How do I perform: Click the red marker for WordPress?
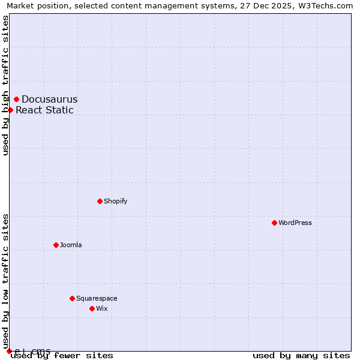point(274,223)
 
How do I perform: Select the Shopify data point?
point(100,201)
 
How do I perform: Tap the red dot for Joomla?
point(56,245)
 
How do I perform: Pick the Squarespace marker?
point(72,298)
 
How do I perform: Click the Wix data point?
point(92,308)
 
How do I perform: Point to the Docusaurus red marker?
point(17,99)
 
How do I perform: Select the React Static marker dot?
point(10,110)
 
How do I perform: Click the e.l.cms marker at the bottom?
point(9,351)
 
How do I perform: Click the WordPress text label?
point(295,223)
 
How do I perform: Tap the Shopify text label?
point(115,201)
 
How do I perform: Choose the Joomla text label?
point(71,245)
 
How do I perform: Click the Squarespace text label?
point(97,298)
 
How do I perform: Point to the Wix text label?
point(101,308)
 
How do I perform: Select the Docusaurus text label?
point(49,99)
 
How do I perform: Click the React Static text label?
point(44,110)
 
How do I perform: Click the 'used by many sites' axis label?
point(301,355)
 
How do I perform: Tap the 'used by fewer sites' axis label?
point(62,355)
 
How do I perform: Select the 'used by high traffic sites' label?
point(5,85)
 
